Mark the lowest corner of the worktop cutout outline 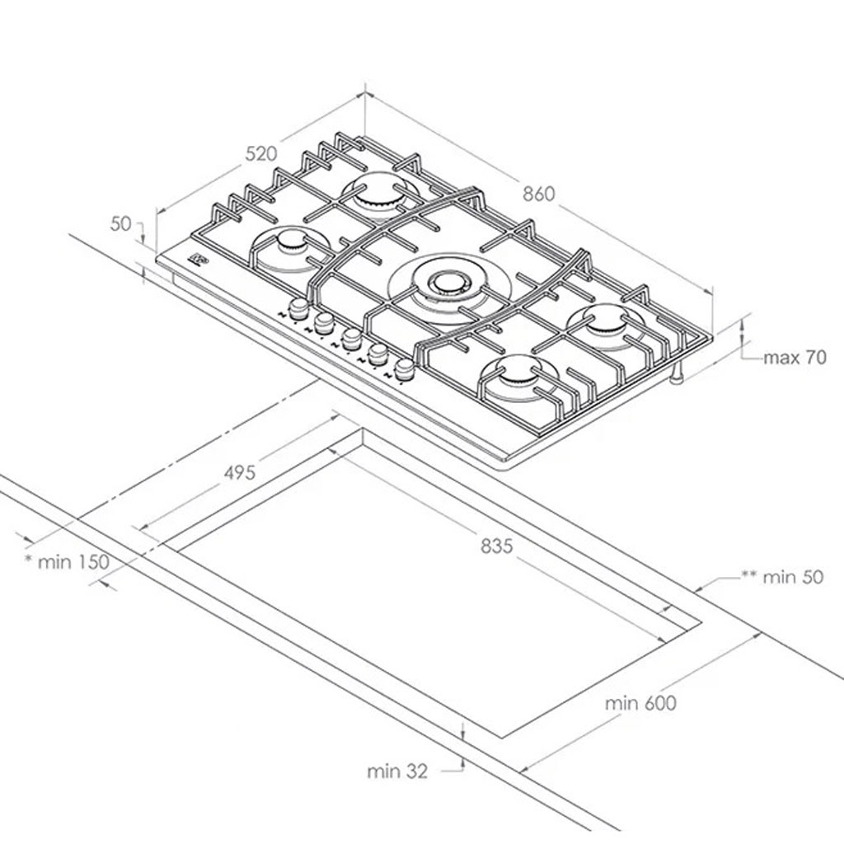503,738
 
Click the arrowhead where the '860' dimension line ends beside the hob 712,293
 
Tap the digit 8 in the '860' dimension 530,194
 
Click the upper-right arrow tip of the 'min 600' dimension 760,635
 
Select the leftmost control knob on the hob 298,309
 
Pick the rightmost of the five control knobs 404,369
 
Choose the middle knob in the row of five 351,339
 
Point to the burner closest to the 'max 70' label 604,321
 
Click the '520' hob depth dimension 261,154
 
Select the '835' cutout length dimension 497,546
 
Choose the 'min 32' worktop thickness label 397,771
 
